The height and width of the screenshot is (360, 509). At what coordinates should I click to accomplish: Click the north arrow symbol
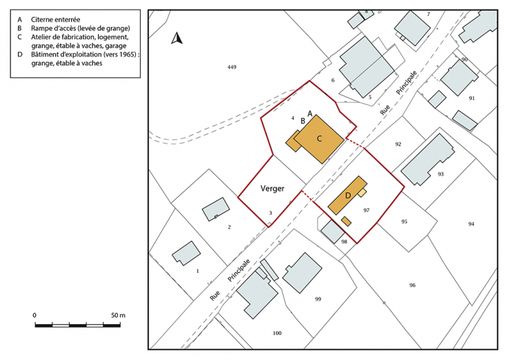177,39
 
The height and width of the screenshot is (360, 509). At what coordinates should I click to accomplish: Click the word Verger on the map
273,188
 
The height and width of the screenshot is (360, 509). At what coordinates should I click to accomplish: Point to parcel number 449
232,67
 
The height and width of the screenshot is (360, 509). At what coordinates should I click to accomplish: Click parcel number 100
277,333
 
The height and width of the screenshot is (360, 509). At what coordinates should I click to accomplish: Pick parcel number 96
412,286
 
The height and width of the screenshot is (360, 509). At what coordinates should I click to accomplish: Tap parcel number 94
471,224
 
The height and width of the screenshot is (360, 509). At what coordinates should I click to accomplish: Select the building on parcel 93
428,159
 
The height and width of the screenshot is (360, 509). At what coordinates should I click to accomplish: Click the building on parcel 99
302,273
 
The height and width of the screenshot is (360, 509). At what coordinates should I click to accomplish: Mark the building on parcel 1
186,253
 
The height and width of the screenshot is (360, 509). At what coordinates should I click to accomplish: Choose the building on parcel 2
216,209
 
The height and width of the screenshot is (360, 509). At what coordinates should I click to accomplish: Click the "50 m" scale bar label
118,315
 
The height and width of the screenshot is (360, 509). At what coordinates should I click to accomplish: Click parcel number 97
367,210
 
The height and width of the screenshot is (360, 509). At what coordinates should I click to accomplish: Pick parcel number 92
398,144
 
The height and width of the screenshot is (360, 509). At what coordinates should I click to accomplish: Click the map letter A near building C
310,112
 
